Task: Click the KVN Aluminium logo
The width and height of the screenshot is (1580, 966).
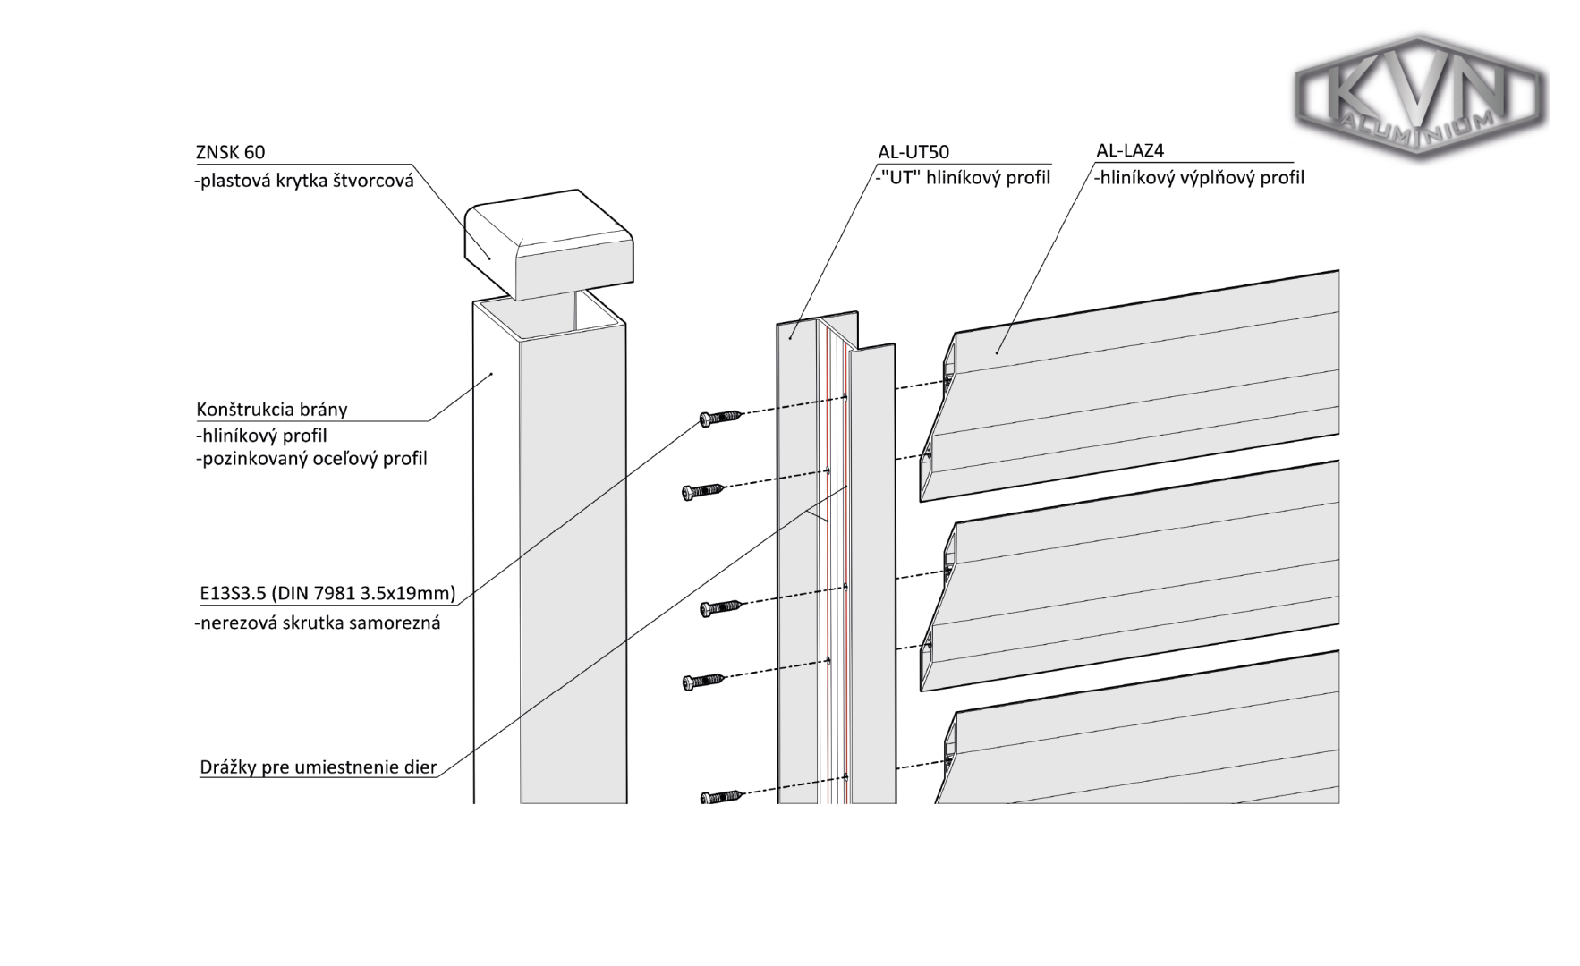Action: [x=1420, y=98]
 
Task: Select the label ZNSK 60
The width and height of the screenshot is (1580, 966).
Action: [x=230, y=153]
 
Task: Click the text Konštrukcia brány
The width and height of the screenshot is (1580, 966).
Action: [x=271, y=410]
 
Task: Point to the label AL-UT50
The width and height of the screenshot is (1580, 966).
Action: [x=913, y=152]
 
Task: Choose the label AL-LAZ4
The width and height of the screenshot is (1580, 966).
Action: [x=1130, y=150]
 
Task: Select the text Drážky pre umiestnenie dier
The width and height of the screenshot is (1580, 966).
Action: [x=318, y=767]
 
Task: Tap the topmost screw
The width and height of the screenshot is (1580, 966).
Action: [x=720, y=417]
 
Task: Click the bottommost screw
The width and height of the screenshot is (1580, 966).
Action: [x=721, y=795]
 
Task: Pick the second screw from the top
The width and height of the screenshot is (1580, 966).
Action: [x=703, y=490]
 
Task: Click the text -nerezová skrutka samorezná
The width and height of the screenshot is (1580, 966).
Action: [x=318, y=623]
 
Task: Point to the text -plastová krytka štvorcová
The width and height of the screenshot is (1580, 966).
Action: [x=304, y=180]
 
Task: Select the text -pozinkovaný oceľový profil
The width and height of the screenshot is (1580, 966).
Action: [x=311, y=459]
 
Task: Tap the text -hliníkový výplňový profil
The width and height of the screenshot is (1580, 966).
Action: [x=1199, y=178]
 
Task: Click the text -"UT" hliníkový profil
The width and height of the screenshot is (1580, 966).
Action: [x=964, y=177]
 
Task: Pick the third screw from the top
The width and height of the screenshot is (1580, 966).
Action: [x=720, y=608]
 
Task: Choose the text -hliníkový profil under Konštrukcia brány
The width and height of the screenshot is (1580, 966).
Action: [x=261, y=436]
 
